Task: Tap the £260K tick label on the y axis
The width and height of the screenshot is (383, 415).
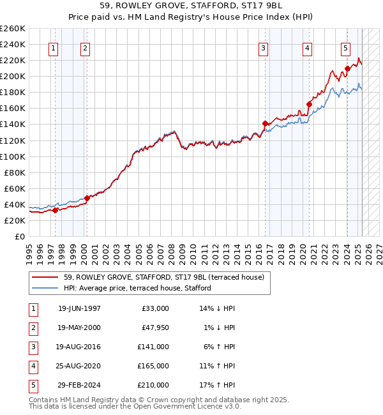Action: tap(13, 29)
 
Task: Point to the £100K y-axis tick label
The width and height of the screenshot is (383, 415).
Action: tap(13, 156)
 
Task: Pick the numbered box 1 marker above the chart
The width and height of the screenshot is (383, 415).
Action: tap(53, 47)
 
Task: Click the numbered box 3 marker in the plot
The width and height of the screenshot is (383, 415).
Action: tap(264, 47)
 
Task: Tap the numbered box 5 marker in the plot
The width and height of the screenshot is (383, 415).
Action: tap(345, 47)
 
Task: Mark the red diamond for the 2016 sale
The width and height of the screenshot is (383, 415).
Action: tap(265, 123)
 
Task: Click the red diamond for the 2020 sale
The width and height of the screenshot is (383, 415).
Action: tap(309, 104)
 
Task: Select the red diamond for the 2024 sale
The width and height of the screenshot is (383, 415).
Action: tap(347, 68)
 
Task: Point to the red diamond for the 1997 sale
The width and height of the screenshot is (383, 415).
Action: tap(56, 210)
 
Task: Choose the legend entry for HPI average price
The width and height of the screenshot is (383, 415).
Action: tap(137, 288)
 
